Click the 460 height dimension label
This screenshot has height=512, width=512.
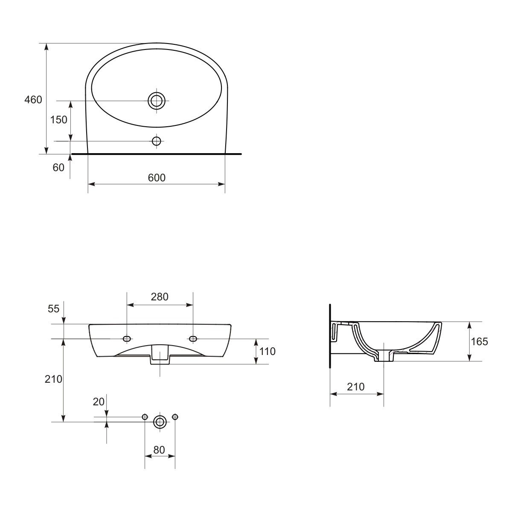pyautogui.click(x=33, y=100)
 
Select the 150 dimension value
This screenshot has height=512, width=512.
pyautogui.click(x=59, y=120)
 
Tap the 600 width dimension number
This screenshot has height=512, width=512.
pyautogui.click(x=157, y=178)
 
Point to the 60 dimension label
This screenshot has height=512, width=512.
pyautogui.click(x=58, y=168)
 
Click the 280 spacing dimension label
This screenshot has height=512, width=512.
pyautogui.click(x=160, y=297)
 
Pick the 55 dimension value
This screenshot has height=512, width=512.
pyautogui.click(x=54, y=309)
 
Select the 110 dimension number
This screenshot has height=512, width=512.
pyautogui.click(x=267, y=352)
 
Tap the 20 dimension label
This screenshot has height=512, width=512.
pyautogui.click(x=99, y=402)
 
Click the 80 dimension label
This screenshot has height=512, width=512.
pyautogui.click(x=159, y=450)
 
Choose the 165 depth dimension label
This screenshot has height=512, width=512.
pyautogui.click(x=479, y=341)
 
